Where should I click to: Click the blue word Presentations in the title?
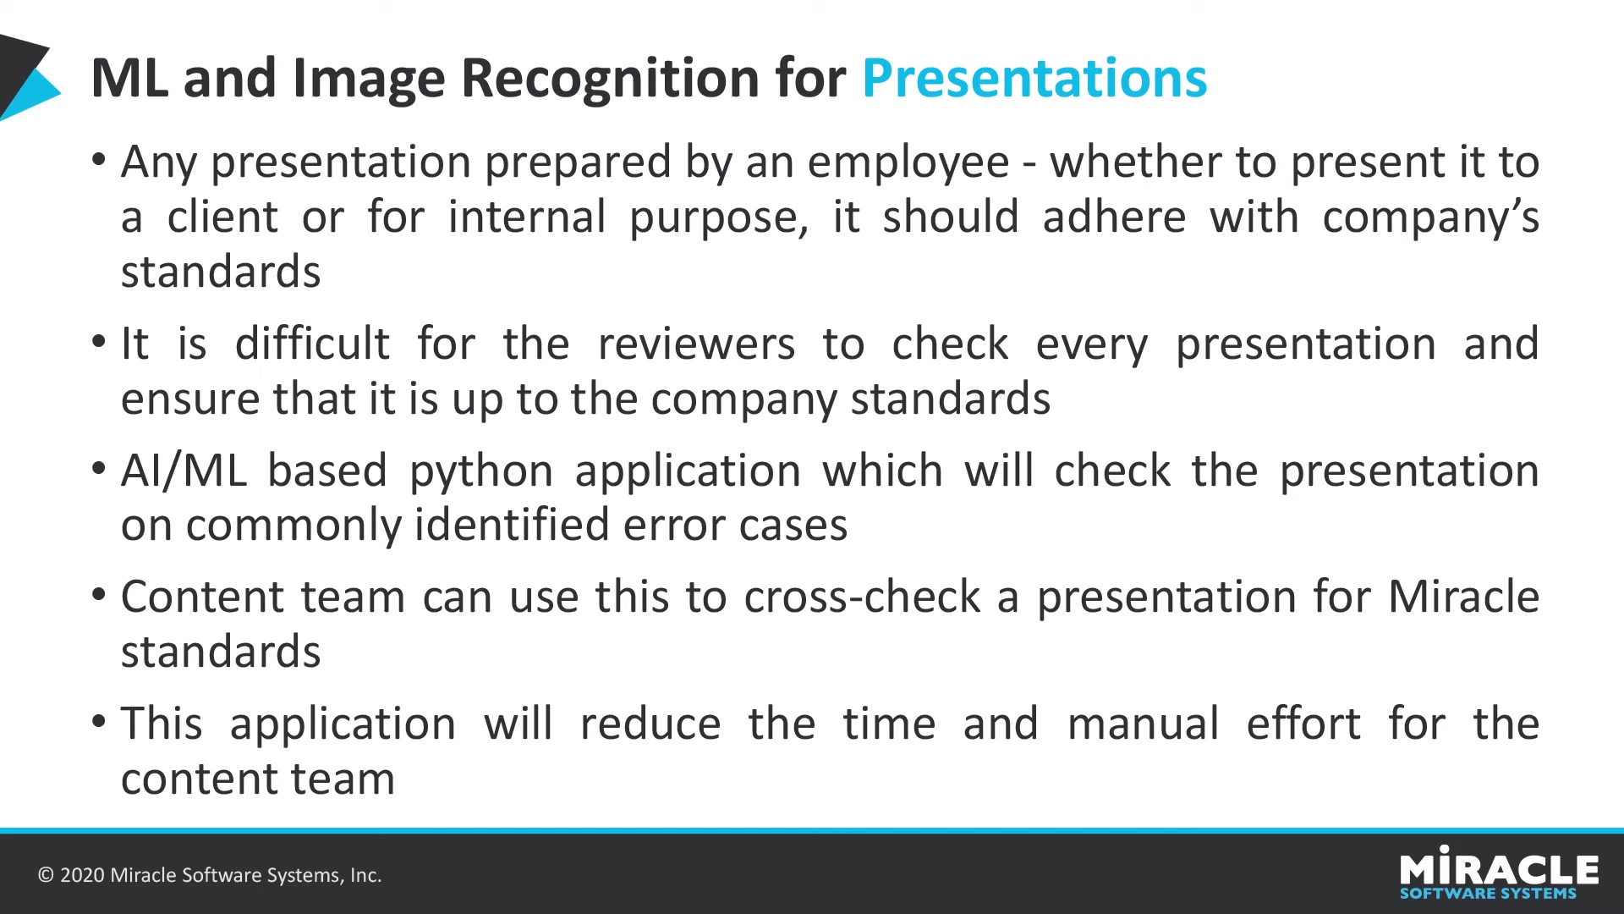pos(1034,79)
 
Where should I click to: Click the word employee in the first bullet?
pos(908,163)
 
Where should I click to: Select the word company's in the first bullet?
pos(1430,218)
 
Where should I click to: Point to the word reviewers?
pos(696,345)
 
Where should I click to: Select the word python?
pos(481,472)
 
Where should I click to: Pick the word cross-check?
pos(862,597)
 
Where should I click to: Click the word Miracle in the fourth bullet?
pos(1463,597)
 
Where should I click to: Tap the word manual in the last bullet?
pos(1143,724)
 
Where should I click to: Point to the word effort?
pos(1303,724)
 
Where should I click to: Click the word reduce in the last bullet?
pos(650,724)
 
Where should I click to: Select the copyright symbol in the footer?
pos(46,875)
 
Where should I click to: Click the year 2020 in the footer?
pos(82,875)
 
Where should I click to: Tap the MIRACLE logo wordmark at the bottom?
pos(1499,867)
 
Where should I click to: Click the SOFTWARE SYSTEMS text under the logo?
pos(1488,894)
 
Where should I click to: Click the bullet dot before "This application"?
pos(99,722)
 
